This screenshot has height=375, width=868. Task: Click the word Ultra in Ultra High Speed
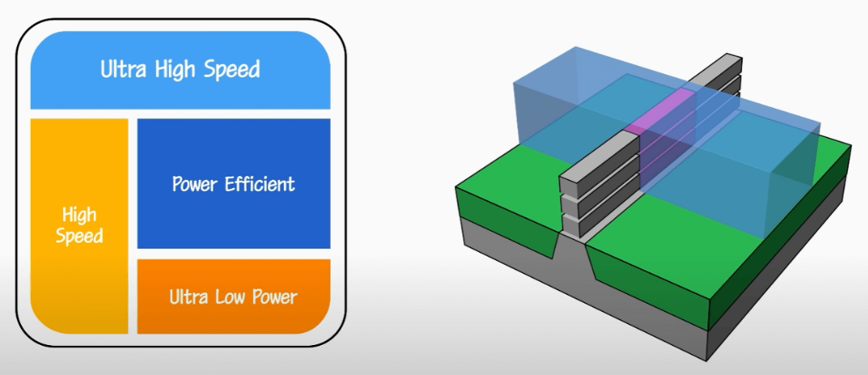(124, 70)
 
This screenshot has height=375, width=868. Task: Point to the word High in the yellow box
(79, 215)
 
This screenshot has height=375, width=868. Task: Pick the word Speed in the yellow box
(79, 237)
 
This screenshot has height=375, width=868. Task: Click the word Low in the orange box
(230, 297)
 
